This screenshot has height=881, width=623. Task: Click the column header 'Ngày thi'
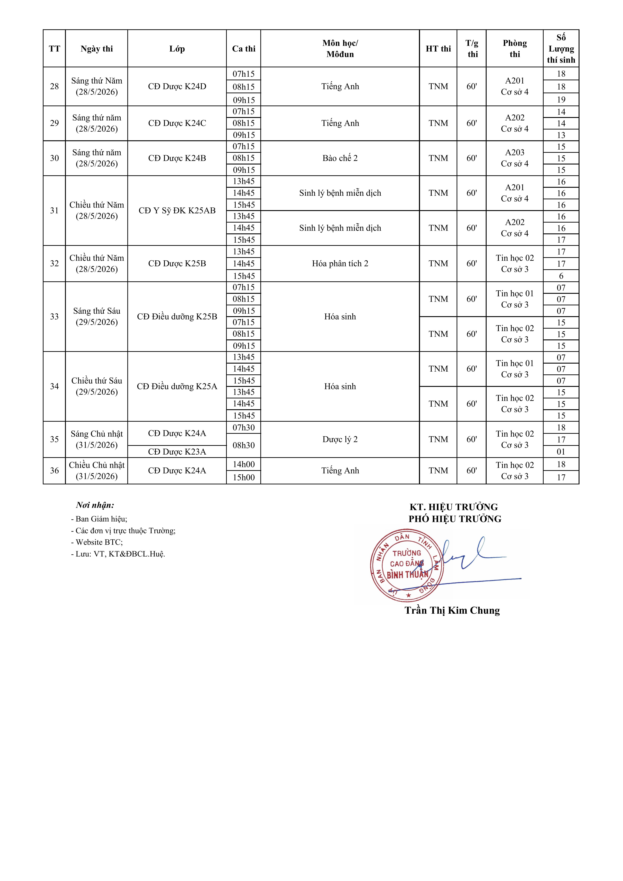[97, 49]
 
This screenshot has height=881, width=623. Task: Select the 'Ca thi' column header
[244, 49]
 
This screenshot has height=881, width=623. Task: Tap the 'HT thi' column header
[438, 49]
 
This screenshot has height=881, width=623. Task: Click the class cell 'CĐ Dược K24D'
[177, 86]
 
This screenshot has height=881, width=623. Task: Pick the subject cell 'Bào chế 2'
[340, 158]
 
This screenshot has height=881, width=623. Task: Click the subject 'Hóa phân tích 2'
[340, 264]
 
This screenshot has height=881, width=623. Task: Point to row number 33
[55, 317]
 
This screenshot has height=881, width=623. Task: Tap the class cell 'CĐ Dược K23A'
[177, 452]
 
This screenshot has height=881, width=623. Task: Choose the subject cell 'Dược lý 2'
[340, 439]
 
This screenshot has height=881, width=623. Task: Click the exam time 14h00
[244, 464]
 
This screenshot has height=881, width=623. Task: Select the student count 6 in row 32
[561, 276]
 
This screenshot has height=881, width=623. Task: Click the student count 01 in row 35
[561, 452]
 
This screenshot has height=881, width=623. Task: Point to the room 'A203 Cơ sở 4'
[514, 158]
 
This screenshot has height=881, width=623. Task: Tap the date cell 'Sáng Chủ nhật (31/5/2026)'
[97, 439]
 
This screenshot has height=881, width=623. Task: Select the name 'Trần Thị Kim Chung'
[452, 610]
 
